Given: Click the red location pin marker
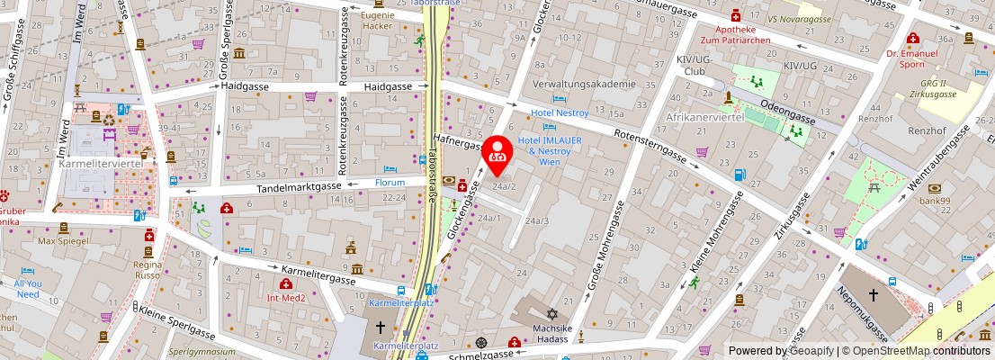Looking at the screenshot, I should (x=497, y=153).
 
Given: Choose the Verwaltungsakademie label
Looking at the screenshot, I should (x=584, y=84).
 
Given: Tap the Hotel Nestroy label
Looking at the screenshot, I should (x=560, y=112).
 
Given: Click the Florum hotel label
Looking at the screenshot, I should (x=390, y=182).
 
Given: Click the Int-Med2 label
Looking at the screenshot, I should (x=287, y=297).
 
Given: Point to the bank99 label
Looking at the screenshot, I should (x=934, y=201).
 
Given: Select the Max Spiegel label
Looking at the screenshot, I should (x=61, y=242).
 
